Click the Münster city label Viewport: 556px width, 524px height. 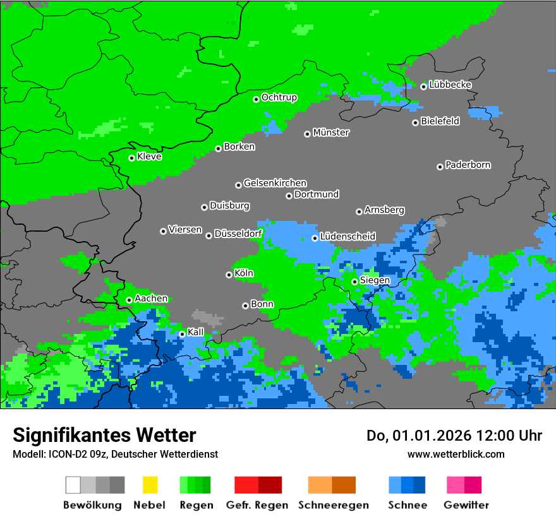pyautogui.click(x=331, y=133)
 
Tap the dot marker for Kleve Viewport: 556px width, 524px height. pyautogui.click(x=131, y=158)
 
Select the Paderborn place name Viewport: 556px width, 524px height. pyautogui.click(x=468, y=165)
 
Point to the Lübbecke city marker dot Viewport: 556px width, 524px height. pyautogui.click(x=423, y=86)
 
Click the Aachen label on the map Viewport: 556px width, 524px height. pyautogui.click(x=151, y=299)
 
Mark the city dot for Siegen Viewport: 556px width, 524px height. pyautogui.click(x=354, y=282)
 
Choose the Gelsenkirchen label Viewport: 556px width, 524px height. pyautogui.click(x=275, y=183)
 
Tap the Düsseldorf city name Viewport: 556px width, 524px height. pyautogui.click(x=238, y=234)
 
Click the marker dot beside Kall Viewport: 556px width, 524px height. pyautogui.click(x=182, y=334)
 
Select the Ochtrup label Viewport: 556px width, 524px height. pyautogui.click(x=279, y=97)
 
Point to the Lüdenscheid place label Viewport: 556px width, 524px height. pyautogui.click(x=347, y=236)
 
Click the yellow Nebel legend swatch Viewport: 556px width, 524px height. pyautogui.click(x=150, y=485)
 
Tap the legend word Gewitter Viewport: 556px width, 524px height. pyautogui.click(x=466, y=505)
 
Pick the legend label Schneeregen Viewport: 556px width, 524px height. pyautogui.click(x=334, y=505)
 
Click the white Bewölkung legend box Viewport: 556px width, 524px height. pyautogui.click(x=73, y=485)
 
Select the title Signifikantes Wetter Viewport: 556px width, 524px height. pyautogui.click(x=104, y=435)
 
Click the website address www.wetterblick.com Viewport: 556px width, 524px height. pyautogui.click(x=456, y=454)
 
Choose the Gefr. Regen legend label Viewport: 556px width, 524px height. pyautogui.click(x=257, y=505)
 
